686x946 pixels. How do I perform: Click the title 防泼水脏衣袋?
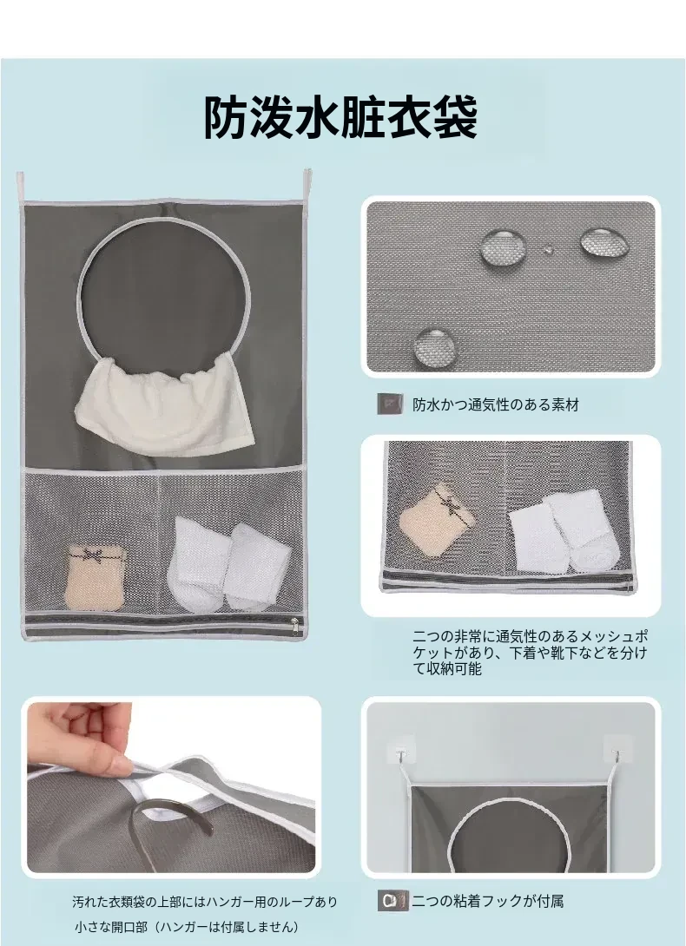[340, 117]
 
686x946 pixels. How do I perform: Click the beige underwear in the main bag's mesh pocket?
[95, 577]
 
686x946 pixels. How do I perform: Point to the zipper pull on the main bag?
[294, 627]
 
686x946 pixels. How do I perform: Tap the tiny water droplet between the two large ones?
[548, 248]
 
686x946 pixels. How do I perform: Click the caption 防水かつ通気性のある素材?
[495, 404]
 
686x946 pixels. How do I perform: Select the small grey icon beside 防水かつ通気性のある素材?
[390, 404]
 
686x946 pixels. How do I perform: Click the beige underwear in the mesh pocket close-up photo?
[436, 519]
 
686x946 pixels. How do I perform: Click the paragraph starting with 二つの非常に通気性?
[531, 652]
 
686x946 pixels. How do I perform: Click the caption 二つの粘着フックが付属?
[488, 902]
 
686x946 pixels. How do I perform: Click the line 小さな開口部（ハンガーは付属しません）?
[187, 927]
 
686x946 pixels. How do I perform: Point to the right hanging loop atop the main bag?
[307, 186]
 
